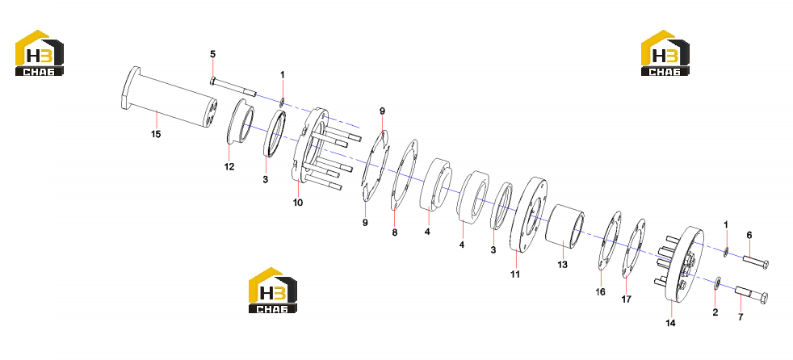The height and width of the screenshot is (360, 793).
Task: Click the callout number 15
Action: click(x=157, y=134)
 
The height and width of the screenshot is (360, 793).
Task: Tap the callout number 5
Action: click(x=213, y=53)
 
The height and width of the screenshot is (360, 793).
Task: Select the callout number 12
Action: click(x=229, y=166)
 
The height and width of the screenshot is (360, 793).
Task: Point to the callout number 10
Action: click(x=298, y=203)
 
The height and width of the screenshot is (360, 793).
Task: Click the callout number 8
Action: click(x=394, y=232)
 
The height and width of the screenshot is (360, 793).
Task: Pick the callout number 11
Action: click(x=515, y=274)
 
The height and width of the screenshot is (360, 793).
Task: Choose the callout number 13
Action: click(x=562, y=265)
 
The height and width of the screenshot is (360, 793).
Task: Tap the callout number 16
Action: click(x=600, y=291)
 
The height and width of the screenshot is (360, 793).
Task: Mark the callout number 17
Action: click(x=626, y=299)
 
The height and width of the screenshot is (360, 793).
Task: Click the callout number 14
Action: click(x=670, y=323)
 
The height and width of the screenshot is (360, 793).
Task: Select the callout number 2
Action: click(x=715, y=312)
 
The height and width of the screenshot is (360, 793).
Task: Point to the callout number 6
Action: click(x=749, y=235)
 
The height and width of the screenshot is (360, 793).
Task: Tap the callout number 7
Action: click(x=741, y=317)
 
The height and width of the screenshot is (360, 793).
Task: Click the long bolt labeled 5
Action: click(x=233, y=86)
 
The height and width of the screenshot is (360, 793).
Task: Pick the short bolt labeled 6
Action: click(x=756, y=262)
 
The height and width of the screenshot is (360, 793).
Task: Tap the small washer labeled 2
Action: click(x=718, y=283)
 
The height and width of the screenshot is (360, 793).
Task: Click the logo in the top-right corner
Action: click(x=665, y=53)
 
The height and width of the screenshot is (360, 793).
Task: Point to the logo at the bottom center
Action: click(x=273, y=291)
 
